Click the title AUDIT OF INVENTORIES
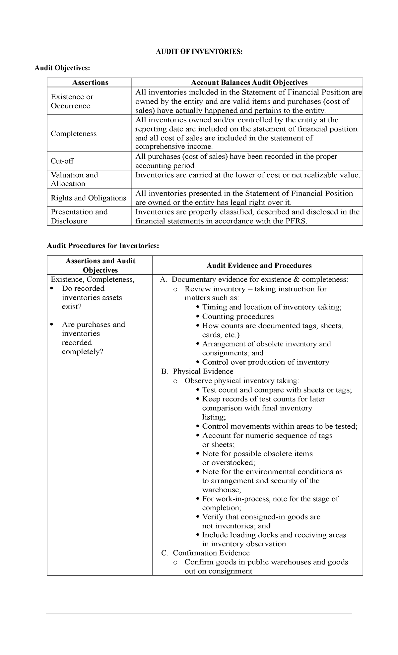(x=199, y=52)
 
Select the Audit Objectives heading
(x=62, y=68)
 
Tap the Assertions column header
(x=90, y=83)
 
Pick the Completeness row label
(x=74, y=134)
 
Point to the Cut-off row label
(x=62, y=161)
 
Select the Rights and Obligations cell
(x=88, y=198)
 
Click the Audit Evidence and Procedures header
(x=259, y=266)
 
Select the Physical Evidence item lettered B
(x=203, y=371)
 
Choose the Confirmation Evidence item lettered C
(x=211, y=553)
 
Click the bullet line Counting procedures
(x=238, y=317)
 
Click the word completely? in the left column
(x=83, y=352)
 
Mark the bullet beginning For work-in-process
(x=270, y=499)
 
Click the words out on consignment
(x=218, y=571)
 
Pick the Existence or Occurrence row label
(x=72, y=101)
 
